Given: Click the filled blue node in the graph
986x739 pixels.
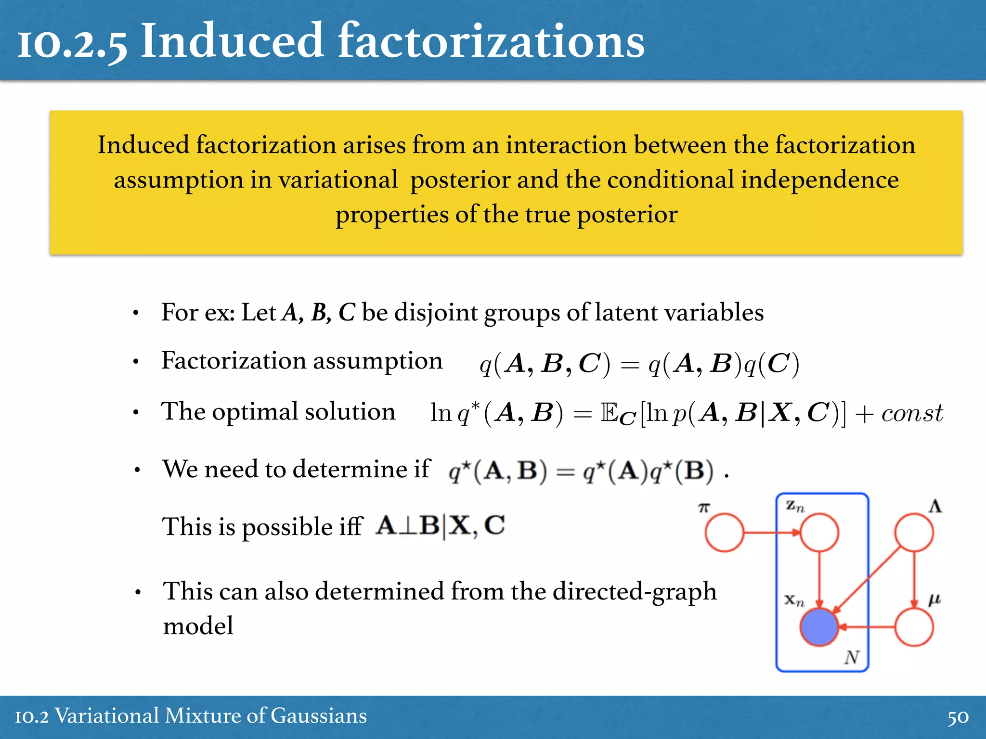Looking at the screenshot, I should (x=819, y=627).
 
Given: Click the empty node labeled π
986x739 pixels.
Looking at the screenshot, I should (x=724, y=532).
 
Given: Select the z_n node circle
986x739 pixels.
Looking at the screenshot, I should (x=819, y=532).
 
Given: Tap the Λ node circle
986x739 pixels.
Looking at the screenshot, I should (x=914, y=532).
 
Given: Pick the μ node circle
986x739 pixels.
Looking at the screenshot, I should (x=914, y=627).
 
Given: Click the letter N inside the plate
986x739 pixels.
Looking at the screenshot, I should (x=852, y=657).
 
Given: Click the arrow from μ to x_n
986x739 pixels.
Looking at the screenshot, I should (x=867, y=627).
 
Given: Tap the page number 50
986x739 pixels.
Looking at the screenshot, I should (x=958, y=717).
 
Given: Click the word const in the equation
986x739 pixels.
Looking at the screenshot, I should (x=912, y=413).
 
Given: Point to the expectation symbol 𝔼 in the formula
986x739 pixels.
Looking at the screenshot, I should (x=609, y=412).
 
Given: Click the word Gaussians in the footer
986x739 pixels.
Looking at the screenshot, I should (x=319, y=716).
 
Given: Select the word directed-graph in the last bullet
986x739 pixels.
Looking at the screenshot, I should (x=635, y=591).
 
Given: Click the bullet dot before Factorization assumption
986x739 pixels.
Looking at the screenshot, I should (x=136, y=361).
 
